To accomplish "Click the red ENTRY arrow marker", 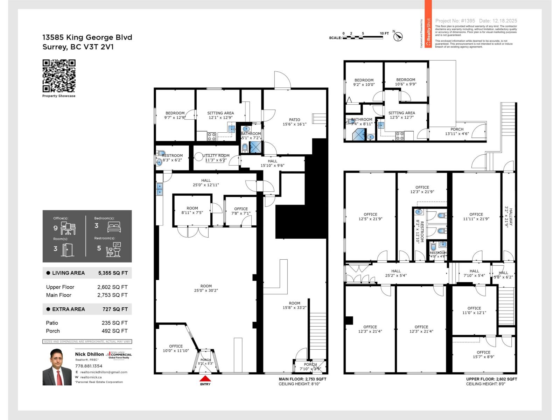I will pyautogui.click(x=205, y=379).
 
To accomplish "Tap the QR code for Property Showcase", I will pyautogui.click(x=59, y=76).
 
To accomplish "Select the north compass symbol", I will pyautogui.click(x=398, y=36).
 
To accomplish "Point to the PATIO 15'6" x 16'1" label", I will pyautogui.click(x=294, y=122).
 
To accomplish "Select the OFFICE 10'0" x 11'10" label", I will pyautogui.click(x=176, y=348).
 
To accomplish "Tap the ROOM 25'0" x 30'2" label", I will pyautogui.click(x=206, y=288).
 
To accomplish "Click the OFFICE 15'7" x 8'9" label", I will pyautogui.click(x=483, y=355).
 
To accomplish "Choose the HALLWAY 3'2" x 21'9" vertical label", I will pyautogui.click(x=508, y=218).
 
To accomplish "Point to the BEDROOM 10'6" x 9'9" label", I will pyautogui.click(x=406, y=82).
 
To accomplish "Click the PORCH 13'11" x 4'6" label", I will pyautogui.click(x=457, y=132).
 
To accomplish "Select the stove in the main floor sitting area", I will pyautogui.click(x=211, y=136).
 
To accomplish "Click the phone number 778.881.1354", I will pyautogui.click(x=89, y=366).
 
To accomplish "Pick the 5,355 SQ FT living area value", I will pyautogui.click(x=113, y=273).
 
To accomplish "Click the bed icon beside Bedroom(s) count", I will pyautogui.click(x=114, y=227).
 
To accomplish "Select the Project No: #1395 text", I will pyautogui.click(x=455, y=21).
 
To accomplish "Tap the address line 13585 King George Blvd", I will pyautogui.click(x=87, y=37).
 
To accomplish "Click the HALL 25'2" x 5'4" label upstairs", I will pyautogui.click(x=396, y=273).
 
